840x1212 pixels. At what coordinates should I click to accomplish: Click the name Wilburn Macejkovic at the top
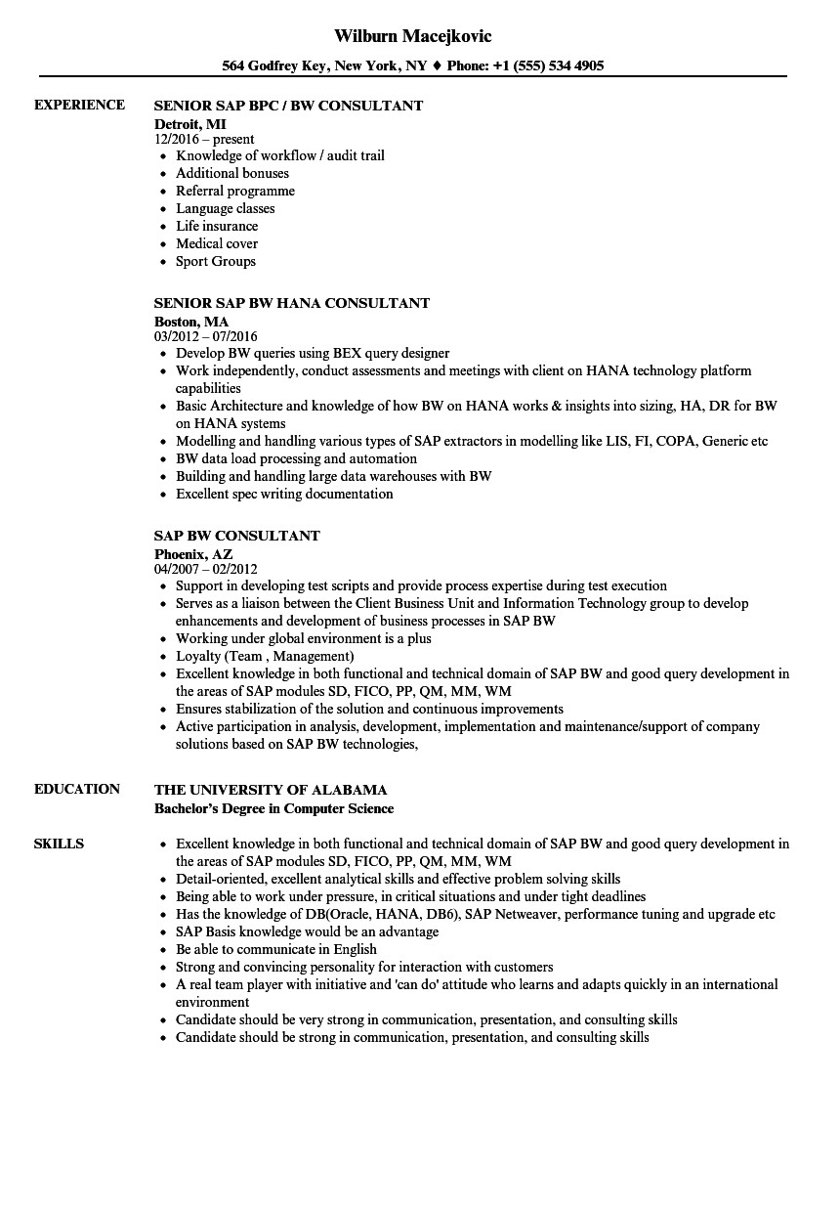[413, 36]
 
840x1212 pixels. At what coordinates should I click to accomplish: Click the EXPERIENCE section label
[79, 105]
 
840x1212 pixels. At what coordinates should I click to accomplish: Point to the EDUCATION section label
[77, 789]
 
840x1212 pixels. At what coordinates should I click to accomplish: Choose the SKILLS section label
[59, 844]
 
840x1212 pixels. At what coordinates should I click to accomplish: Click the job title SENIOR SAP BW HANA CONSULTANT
[291, 303]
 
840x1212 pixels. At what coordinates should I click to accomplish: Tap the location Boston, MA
[191, 321]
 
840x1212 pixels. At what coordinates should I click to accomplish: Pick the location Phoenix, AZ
[193, 553]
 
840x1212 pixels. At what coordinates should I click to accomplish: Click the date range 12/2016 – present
[204, 140]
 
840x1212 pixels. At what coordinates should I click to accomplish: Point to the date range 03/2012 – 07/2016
[206, 337]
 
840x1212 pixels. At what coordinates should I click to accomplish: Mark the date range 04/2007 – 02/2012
[206, 569]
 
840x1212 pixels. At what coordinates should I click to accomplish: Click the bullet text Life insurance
[217, 226]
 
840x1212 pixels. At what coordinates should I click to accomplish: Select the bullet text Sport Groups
[216, 261]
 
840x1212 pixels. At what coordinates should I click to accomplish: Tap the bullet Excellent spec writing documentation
[284, 494]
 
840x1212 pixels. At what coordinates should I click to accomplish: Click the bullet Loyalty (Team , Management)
[265, 656]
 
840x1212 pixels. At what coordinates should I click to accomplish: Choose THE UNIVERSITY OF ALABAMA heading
[271, 790]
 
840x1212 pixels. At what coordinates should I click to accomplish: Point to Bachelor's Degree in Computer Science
[273, 808]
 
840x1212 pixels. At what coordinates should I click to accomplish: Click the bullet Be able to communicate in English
[275, 949]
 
